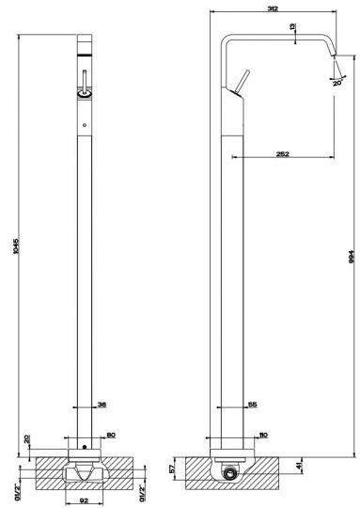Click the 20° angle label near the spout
click(x=337, y=83)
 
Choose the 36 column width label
click(x=102, y=405)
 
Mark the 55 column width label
click(x=252, y=405)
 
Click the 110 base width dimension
click(x=264, y=435)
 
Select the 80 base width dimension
click(x=111, y=435)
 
